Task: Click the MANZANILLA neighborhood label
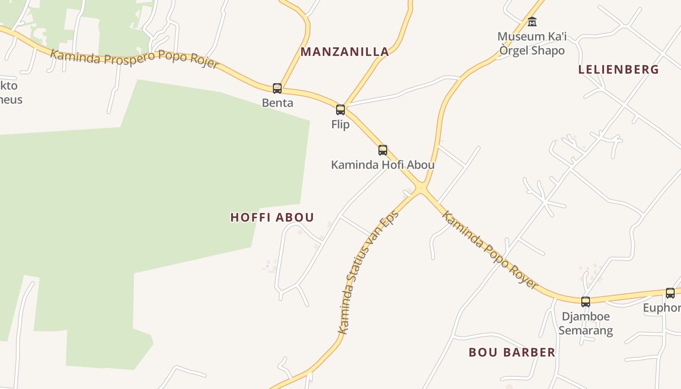coord(345,52)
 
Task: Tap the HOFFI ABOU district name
coord(272,217)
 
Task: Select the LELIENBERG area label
coord(618,70)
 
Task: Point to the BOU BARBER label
coord(512,353)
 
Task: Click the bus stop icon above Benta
coord(277,88)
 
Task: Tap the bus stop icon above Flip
coord(340,110)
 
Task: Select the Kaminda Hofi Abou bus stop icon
coord(383,150)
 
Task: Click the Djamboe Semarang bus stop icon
coord(586,302)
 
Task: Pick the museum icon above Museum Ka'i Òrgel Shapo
coord(532,22)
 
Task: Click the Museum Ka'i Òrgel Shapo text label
coord(532,43)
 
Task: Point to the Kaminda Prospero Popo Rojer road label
coord(135,59)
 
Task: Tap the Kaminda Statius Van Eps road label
coord(368,272)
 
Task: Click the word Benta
coord(277,103)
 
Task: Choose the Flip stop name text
coord(340,124)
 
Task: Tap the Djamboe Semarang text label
coord(586,323)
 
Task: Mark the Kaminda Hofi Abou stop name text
coord(383,165)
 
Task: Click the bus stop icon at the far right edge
coord(670,293)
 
